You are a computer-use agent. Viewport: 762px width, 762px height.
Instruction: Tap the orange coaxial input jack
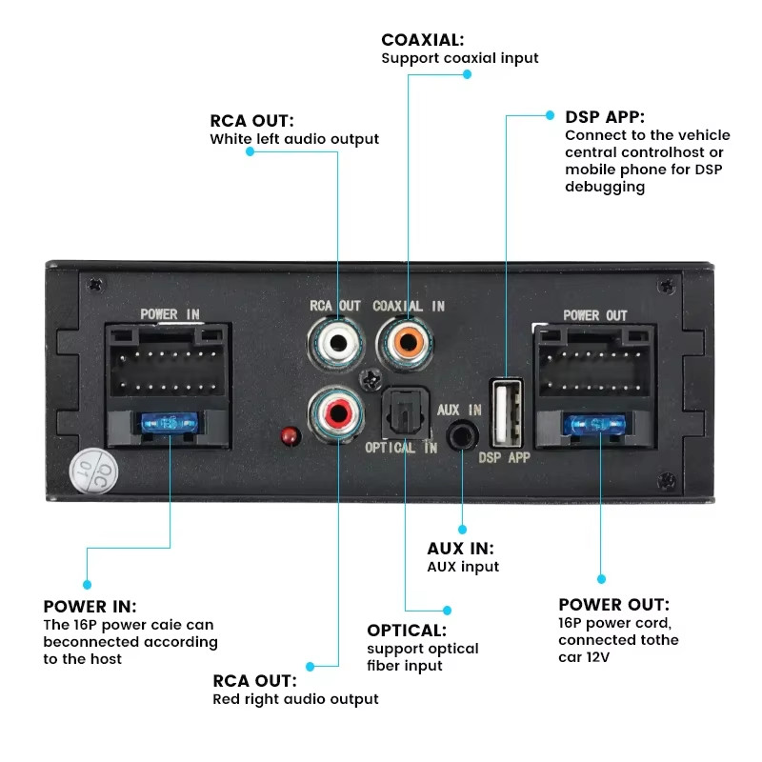point(407,340)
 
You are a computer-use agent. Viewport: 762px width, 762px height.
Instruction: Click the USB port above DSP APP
point(506,411)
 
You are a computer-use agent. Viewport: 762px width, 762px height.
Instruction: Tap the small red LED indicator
point(287,435)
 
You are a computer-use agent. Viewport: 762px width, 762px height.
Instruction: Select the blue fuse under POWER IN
point(170,421)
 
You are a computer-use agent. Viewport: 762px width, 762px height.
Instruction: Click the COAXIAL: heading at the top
point(423,40)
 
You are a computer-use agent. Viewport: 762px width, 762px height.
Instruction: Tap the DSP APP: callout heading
point(605,117)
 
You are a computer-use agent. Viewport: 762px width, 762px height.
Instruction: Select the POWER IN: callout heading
point(90,607)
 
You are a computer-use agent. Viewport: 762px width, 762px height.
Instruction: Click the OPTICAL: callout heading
point(407,630)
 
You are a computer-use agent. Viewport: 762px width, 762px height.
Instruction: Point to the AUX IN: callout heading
point(460,549)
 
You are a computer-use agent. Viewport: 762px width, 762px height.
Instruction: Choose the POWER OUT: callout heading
point(613,605)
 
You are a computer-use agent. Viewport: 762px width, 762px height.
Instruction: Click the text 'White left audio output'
point(294,139)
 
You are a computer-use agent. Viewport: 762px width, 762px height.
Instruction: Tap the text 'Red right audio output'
point(295,699)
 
